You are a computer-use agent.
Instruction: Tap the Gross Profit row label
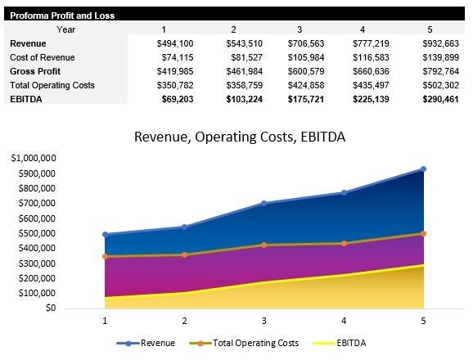click(x=37, y=71)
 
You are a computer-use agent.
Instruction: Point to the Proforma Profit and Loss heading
click(x=62, y=16)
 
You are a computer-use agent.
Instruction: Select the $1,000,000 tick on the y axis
click(x=33, y=159)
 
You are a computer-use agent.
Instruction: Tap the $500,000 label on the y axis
click(x=35, y=234)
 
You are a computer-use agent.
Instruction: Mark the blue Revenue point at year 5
click(x=423, y=169)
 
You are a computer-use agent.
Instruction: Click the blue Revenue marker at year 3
click(x=264, y=203)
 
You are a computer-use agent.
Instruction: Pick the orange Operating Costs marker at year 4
click(x=344, y=243)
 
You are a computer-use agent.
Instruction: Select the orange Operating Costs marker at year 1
click(x=104, y=256)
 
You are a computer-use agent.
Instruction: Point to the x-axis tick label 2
click(x=184, y=322)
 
